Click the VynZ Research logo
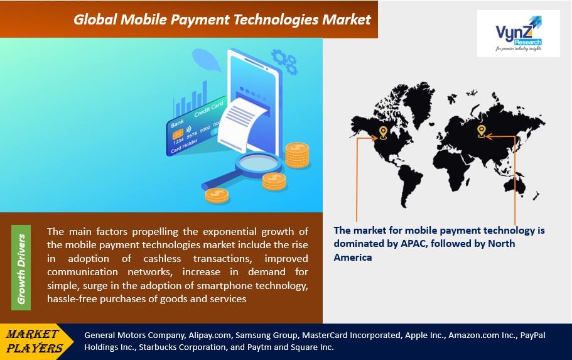coord(519,33)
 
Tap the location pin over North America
coord(383,133)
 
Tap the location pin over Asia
coord(482,131)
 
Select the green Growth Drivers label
coord(21,268)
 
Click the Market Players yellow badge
coord(35,341)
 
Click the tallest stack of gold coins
coord(297,155)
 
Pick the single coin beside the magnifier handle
coord(217,195)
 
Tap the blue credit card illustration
coord(196,126)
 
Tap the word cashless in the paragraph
coord(162,259)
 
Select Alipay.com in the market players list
coord(210,335)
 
